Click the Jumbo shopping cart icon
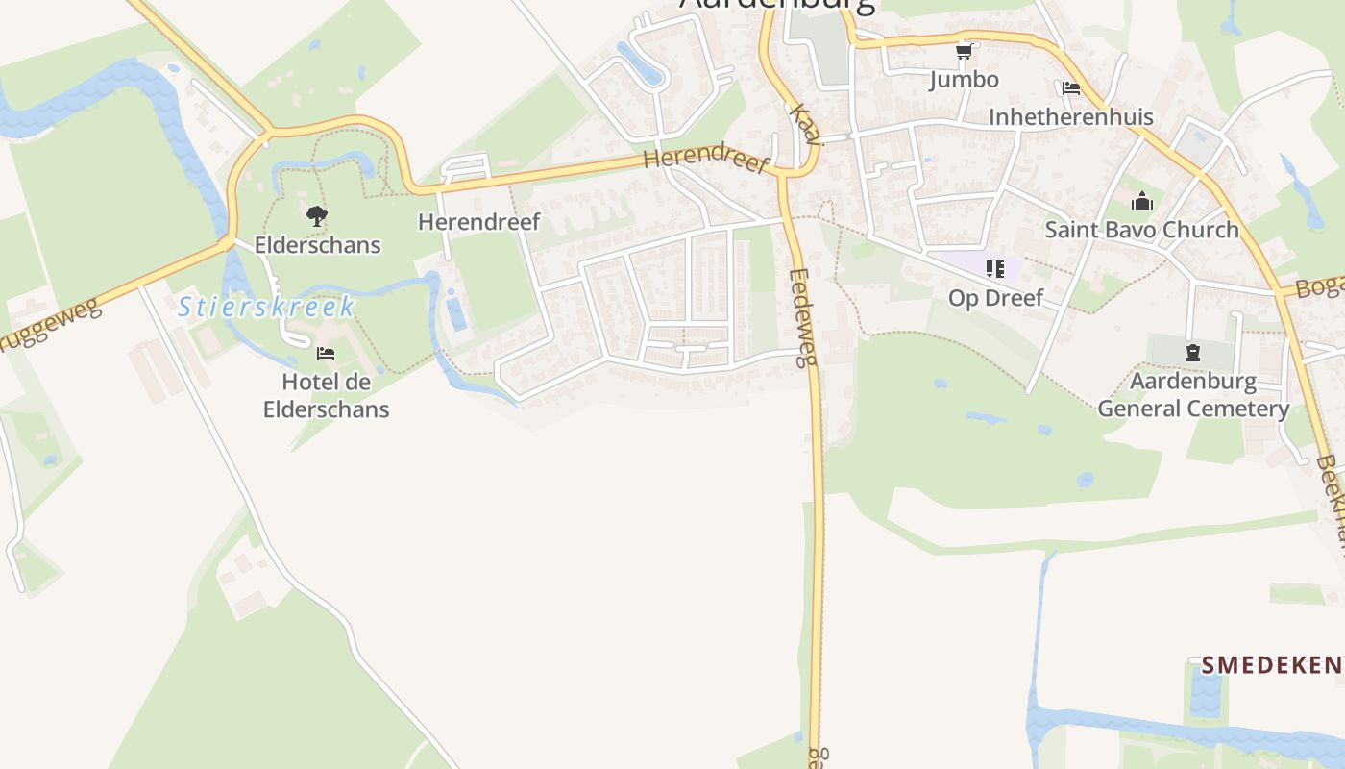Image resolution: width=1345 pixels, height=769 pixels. click(965, 51)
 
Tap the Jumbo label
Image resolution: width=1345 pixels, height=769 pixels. click(964, 79)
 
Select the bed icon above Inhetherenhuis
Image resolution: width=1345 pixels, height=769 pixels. click(1071, 88)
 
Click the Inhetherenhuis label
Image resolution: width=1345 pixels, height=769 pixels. click(1071, 117)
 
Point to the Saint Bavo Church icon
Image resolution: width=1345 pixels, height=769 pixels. click(1141, 202)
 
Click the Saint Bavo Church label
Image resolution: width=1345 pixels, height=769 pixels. click(1141, 230)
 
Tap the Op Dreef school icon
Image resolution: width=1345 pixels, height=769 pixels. click(994, 269)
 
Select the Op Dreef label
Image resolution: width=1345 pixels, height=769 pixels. click(995, 298)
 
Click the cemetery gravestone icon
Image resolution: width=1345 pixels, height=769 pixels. click(1193, 353)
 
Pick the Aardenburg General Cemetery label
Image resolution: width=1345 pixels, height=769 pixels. click(1193, 395)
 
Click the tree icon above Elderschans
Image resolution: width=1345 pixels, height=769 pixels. click(317, 216)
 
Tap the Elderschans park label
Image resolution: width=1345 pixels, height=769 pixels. click(317, 245)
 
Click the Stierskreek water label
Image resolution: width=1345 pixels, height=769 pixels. click(267, 308)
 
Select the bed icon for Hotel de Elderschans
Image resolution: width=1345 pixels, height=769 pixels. click(326, 354)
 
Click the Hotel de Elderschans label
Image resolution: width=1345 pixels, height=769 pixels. click(326, 395)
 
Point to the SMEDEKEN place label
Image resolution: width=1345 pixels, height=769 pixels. click(1270, 664)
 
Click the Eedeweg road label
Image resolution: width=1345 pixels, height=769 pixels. click(802, 317)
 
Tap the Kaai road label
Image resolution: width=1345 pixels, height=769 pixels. click(805, 125)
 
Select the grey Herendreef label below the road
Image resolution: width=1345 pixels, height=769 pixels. click(479, 222)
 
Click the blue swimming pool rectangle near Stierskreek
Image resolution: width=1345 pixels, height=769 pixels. click(456, 314)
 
